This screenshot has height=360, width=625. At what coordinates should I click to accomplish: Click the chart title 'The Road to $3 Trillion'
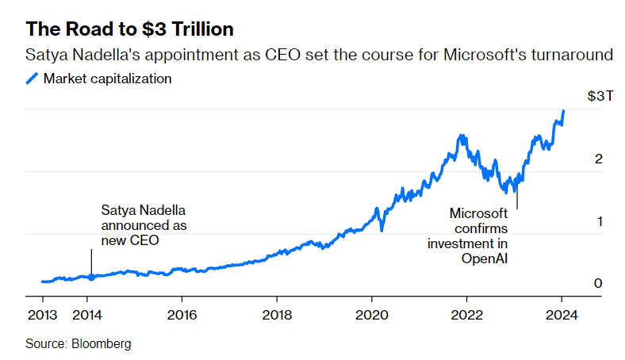(x=130, y=29)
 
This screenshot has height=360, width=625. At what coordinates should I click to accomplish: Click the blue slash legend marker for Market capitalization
(x=33, y=79)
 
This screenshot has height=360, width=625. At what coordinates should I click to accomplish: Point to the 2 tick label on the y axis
(x=599, y=159)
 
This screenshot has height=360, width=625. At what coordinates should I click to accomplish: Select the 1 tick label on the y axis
(x=599, y=221)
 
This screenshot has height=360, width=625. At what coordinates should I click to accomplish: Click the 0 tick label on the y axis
(x=599, y=283)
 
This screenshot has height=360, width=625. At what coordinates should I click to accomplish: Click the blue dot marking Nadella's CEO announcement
(x=91, y=278)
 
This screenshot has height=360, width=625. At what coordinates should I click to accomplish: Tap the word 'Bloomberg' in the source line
(x=102, y=344)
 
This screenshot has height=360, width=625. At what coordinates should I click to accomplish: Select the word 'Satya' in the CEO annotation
(x=117, y=210)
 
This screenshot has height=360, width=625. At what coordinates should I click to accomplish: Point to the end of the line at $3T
(x=563, y=111)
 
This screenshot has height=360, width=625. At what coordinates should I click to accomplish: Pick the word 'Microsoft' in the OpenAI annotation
(x=478, y=213)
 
